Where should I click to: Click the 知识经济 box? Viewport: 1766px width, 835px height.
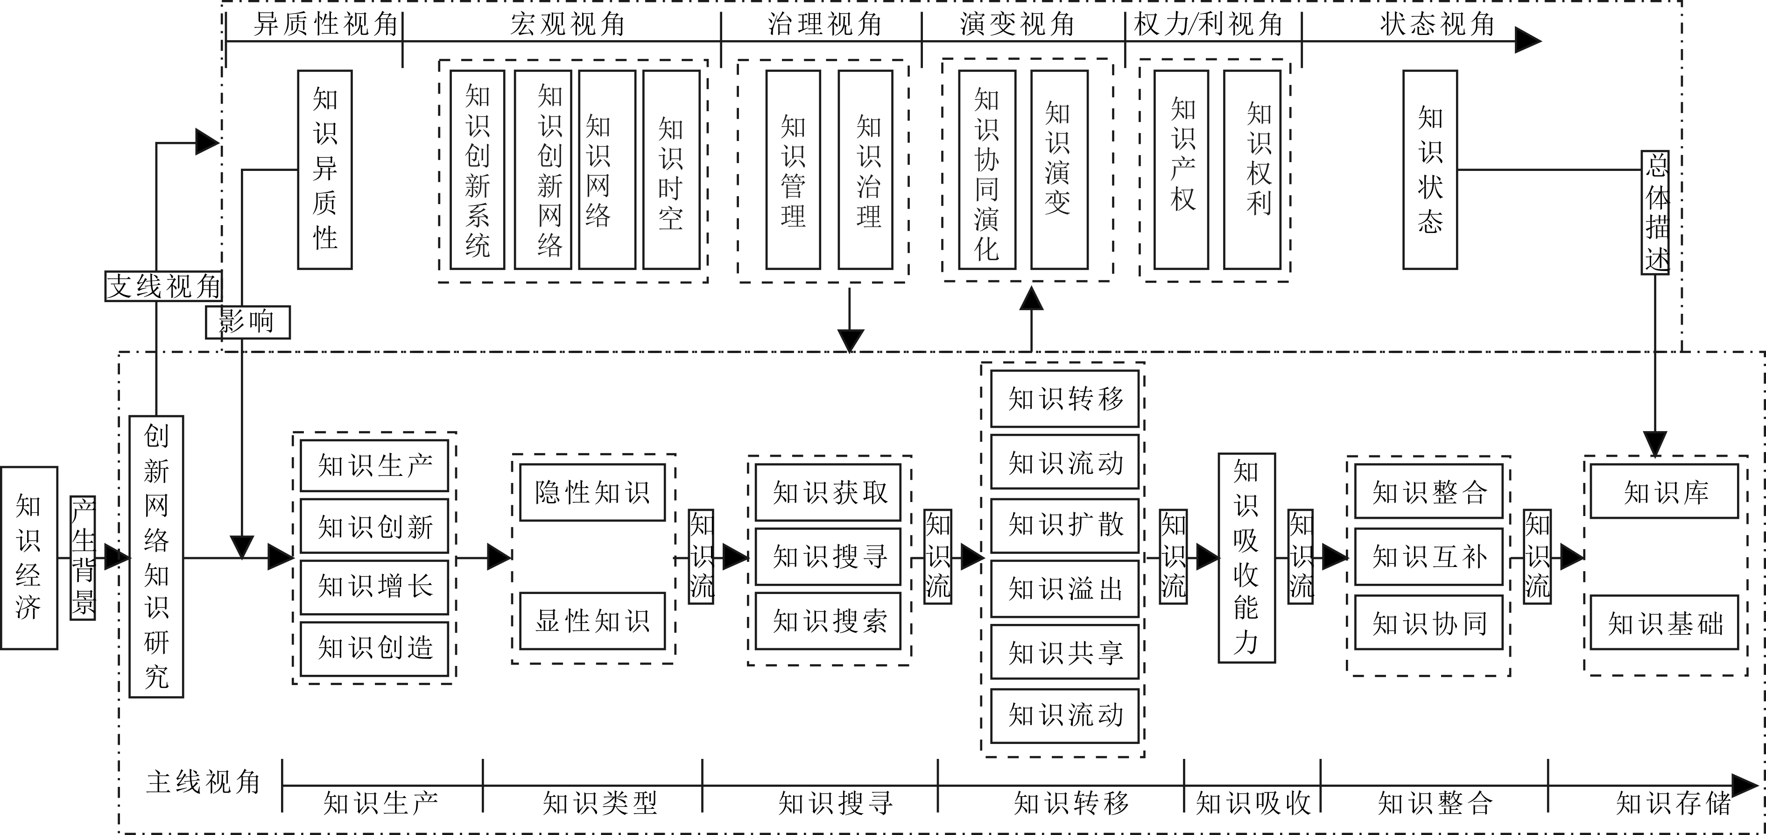coord(29,557)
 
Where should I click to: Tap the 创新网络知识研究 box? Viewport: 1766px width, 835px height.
coord(156,556)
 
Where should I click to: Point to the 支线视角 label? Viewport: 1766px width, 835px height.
coord(164,286)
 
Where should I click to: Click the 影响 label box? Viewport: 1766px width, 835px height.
coord(247,321)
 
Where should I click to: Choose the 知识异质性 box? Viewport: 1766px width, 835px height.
coord(325,170)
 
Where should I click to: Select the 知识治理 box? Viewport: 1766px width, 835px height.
coord(865,170)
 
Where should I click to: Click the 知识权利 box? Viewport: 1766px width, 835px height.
coord(1252,170)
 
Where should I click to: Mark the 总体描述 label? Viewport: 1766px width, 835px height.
coord(1655,212)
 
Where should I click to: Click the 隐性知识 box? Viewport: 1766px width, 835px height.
coord(592,492)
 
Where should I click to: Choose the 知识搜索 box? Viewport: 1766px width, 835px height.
coord(828,621)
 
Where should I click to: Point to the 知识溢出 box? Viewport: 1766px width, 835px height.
coord(1065,588)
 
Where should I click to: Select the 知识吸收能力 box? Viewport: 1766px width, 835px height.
coord(1246,557)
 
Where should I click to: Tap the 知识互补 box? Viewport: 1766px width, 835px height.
coord(1428,556)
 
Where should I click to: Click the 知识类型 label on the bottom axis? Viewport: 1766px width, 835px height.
coord(599,803)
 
